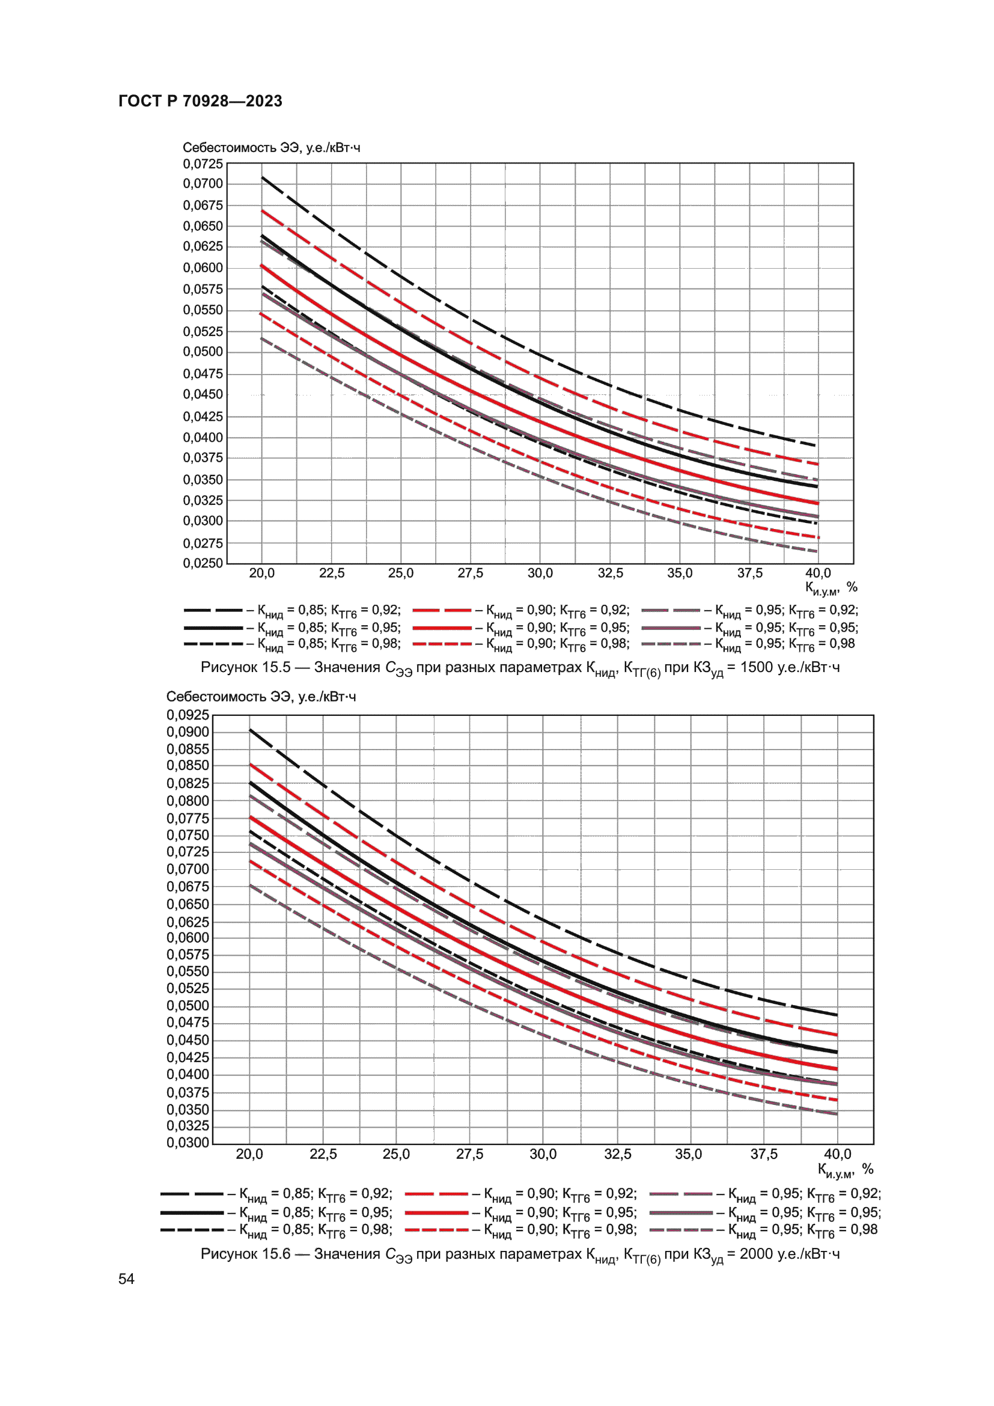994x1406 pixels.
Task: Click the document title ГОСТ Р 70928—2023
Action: point(200,101)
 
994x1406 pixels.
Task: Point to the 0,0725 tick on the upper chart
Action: point(203,164)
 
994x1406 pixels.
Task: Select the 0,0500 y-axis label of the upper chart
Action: point(203,352)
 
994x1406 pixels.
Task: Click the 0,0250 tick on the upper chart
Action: point(203,562)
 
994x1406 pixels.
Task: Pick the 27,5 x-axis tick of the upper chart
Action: point(470,573)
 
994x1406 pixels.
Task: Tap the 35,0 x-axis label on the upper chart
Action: point(680,573)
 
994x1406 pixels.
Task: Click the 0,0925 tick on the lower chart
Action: point(188,715)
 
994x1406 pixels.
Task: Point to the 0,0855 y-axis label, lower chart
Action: point(188,749)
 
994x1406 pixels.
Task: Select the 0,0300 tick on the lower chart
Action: point(188,1142)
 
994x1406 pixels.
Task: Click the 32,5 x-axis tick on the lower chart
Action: point(617,1154)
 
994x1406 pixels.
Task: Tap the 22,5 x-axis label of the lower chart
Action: point(323,1154)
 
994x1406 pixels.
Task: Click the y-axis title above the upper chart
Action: point(271,148)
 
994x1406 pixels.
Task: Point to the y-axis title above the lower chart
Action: point(261,696)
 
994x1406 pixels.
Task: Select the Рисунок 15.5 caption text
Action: point(520,668)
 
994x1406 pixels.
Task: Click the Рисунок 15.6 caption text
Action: point(520,1254)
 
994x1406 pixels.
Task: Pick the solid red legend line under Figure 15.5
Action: point(441,628)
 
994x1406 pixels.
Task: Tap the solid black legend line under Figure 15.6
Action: point(192,1212)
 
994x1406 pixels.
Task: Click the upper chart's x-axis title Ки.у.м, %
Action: point(831,588)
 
